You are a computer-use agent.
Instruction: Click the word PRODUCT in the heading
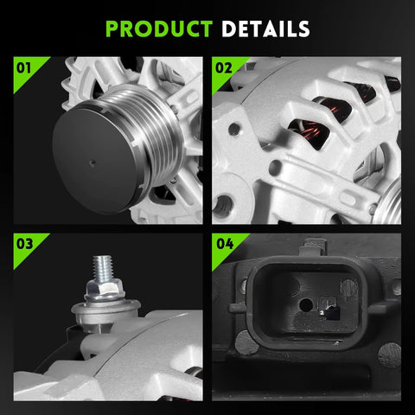click(x=159, y=29)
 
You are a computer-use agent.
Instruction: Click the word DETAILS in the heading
click(x=265, y=29)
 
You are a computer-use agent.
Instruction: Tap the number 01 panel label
click(x=23, y=68)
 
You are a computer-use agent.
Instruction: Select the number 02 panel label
click(x=224, y=68)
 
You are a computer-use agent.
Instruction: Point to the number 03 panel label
click(x=24, y=244)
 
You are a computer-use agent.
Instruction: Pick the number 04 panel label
click(x=225, y=244)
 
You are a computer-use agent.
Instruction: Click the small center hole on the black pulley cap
click(x=93, y=163)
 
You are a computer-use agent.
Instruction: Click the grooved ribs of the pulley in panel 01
click(x=150, y=127)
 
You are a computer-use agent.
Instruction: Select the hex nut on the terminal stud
click(x=105, y=290)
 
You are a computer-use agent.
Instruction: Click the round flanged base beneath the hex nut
click(x=105, y=314)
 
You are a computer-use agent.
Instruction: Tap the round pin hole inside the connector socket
click(x=306, y=305)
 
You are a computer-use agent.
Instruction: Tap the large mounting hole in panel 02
click(x=222, y=205)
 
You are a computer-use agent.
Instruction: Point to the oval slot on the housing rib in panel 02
click(x=348, y=199)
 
